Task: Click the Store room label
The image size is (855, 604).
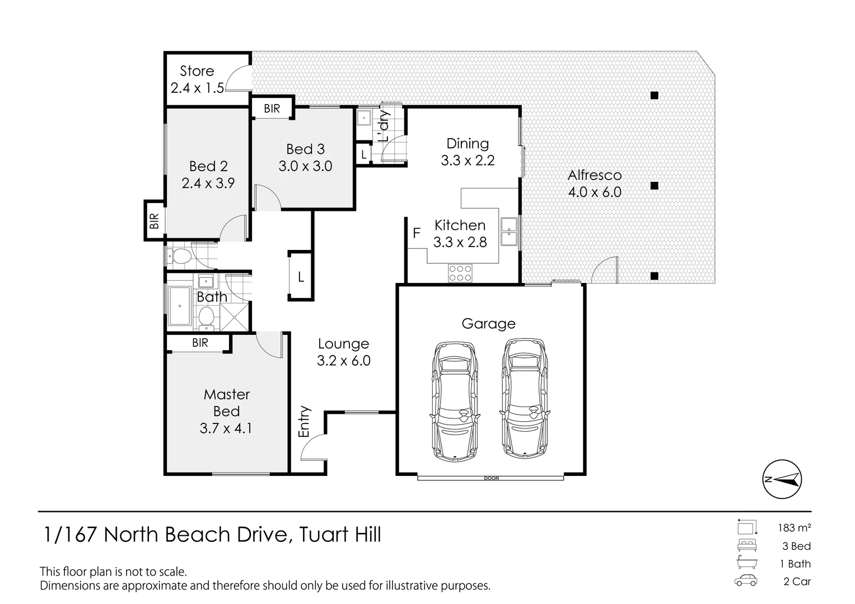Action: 197,71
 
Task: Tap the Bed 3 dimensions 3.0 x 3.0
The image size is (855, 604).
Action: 305,166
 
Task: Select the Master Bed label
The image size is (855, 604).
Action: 227,403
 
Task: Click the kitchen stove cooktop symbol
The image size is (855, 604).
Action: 460,273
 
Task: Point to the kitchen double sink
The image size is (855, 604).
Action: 509,232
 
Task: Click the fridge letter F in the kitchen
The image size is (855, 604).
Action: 417,233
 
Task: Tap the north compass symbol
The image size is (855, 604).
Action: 782,479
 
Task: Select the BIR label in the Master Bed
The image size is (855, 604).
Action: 200,343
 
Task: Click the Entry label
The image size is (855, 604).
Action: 304,421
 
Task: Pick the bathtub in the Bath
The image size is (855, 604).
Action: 179,306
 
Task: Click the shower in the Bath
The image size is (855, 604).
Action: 234,316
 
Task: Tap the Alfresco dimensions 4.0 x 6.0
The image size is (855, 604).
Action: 595,192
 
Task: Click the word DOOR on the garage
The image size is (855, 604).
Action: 491,478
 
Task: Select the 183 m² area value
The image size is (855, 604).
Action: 795,528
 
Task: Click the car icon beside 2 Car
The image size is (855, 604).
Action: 746,581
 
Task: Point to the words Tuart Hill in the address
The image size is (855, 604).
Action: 340,534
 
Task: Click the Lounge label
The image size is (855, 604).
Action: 344,344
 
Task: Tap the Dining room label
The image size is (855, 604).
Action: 468,143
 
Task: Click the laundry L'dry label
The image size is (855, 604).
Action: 384,126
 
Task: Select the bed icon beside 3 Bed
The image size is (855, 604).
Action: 747,545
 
